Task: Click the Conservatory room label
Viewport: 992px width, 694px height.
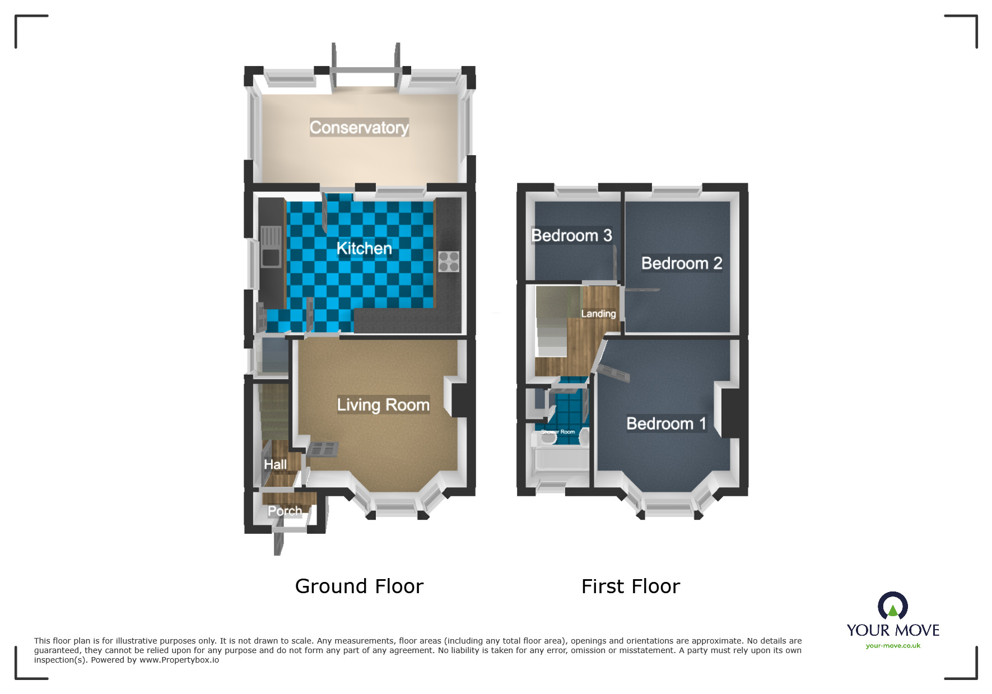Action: tap(359, 128)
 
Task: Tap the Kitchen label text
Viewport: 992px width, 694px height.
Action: tap(364, 248)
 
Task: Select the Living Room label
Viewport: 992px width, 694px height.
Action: tap(383, 404)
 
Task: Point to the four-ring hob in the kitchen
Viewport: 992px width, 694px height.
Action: tap(449, 262)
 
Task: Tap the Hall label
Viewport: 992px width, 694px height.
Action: tap(275, 464)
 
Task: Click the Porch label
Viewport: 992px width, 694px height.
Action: tap(285, 511)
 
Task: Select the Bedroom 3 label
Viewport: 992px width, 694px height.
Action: tap(571, 235)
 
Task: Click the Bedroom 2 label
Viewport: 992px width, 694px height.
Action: tap(681, 263)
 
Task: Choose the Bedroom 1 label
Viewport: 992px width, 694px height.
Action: tap(666, 423)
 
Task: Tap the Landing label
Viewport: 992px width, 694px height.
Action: tap(598, 314)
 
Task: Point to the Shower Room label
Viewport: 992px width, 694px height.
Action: tap(558, 432)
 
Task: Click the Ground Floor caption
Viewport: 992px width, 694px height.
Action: tap(359, 586)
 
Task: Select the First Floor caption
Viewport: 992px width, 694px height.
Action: tap(631, 586)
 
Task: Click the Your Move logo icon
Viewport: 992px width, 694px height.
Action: tap(893, 606)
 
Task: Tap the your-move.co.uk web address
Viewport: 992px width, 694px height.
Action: tap(893, 646)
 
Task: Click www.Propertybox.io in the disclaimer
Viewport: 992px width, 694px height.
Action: tap(179, 660)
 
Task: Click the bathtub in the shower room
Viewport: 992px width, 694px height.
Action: tap(560, 460)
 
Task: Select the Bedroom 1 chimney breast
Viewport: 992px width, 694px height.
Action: tap(730, 413)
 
